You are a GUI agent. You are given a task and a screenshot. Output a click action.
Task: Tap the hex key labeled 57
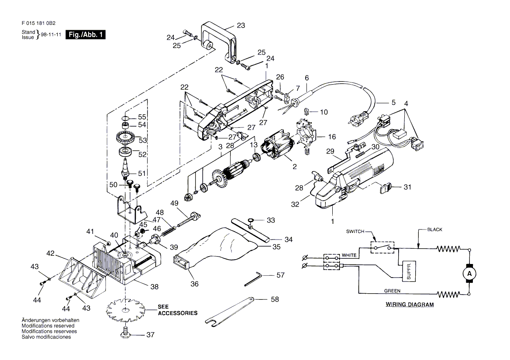(x=252, y=280)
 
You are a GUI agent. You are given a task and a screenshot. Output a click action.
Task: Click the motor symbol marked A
(x=469, y=274)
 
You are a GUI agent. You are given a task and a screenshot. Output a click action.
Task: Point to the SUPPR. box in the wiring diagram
(x=409, y=271)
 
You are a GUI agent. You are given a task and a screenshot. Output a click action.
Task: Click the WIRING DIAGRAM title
(x=410, y=305)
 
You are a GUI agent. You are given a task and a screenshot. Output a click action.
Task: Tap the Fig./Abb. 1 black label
(x=86, y=35)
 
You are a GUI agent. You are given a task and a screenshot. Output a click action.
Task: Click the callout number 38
(x=155, y=287)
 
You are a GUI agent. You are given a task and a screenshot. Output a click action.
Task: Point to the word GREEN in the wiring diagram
(x=392, y=291)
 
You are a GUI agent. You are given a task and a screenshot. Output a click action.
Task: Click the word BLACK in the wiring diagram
(x=435, y=230)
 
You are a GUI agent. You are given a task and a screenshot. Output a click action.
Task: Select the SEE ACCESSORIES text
(x=178, y=310)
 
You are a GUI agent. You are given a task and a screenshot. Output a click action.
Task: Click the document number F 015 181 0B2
(x=38, y=23)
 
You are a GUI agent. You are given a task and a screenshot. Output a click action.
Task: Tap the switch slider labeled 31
(x=386, y=188)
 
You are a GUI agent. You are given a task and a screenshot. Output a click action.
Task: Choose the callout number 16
(x=332, y=137)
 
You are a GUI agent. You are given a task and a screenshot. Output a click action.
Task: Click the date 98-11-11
(x=51, y=34)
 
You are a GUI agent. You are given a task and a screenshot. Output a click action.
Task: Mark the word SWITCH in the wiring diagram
(x=355, y=231)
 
